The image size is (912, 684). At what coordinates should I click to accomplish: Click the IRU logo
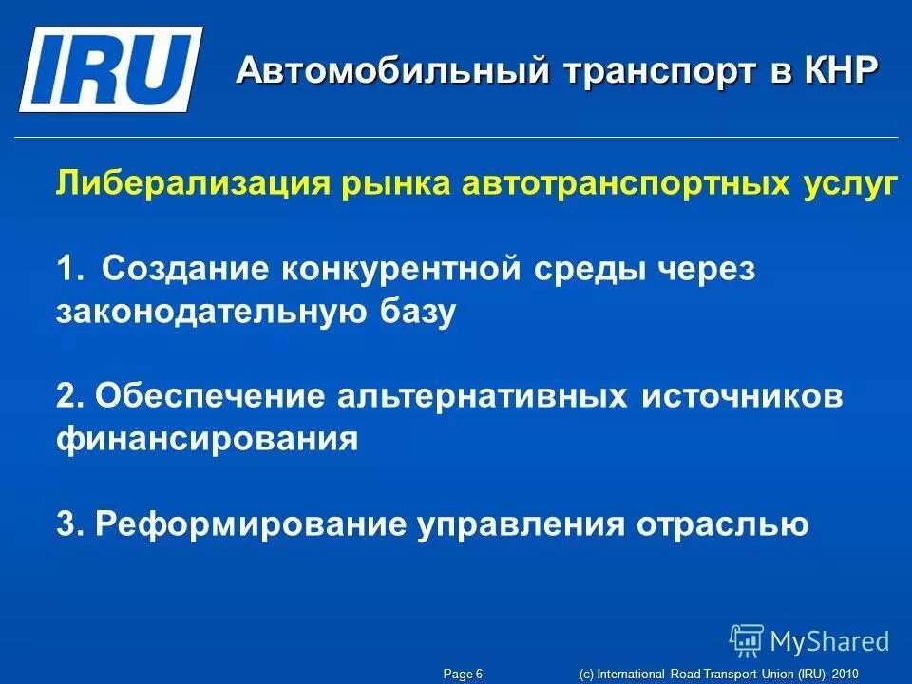pyautogui.click(x=110, y=68)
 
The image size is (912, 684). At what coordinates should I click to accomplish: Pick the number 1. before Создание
pyautogui.click(x=70, y=270)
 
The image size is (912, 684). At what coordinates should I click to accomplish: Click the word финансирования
pyautogui.click(x=207, y=440)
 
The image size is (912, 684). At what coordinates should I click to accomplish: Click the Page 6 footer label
pyautogui.click(x=464, y=674)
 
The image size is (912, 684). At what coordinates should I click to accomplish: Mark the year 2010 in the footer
pyautogui.click(x=844, y=674)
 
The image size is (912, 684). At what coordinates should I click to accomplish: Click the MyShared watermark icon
pyautogui.click(x=747, y=641)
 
